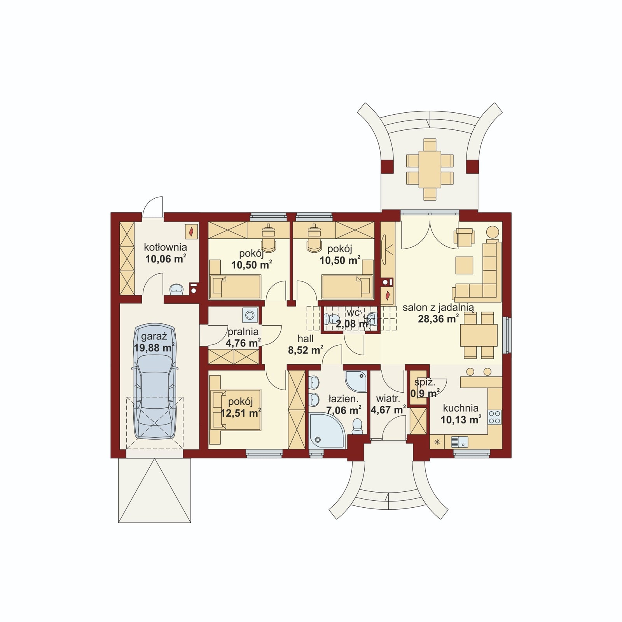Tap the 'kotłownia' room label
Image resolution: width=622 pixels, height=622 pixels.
point(165,247)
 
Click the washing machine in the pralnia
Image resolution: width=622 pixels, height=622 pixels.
point(249,315)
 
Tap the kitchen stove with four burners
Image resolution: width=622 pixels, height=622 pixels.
point(495,417)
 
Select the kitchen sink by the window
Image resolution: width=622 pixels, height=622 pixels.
point(459,442)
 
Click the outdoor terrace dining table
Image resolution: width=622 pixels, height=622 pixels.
point(430,169)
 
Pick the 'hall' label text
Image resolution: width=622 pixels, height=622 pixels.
point(306,339)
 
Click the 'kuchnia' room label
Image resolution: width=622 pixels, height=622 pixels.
point(461,408)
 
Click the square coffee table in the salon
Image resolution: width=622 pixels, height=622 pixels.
point(465,265)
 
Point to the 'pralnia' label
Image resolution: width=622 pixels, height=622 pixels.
point(243,332)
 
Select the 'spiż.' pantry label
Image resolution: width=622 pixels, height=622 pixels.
point(425,383)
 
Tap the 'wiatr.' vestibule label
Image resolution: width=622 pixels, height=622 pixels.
point(388,398)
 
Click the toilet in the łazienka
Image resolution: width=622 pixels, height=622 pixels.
point(357,426)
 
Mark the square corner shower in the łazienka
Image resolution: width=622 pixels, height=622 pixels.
point(356,381)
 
